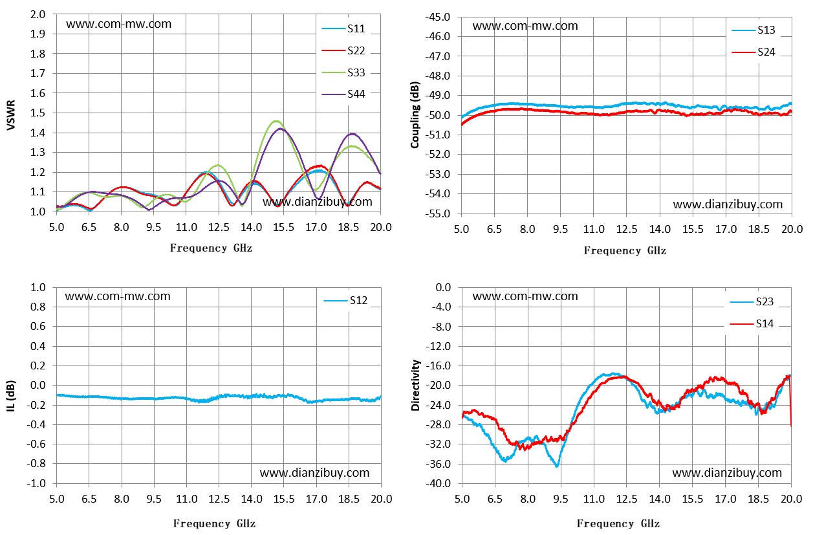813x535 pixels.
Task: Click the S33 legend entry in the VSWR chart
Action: pyautogui.click(x=343, y=72)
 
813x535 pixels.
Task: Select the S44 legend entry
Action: pyautogui.click(x=343, y=94)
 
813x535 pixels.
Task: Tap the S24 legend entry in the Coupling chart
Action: pyautogui.click(x=753, y=52)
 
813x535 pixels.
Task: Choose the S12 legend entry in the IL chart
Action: pyautogui.click(x=345, y=301)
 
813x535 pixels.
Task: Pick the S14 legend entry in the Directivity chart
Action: pyautogui.click(x=752, y=323)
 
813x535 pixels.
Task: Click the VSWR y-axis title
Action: pyautogui.click(x=11, y=115)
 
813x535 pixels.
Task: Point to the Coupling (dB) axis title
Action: pyautogui.click(x=415, y=115)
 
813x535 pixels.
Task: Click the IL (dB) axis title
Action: pyautogui.click(x=11, y=396)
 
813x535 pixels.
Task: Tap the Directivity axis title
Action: pyautogui.click(x=415, y=386)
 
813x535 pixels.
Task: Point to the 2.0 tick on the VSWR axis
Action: pyautogui.click(x=38, y=14)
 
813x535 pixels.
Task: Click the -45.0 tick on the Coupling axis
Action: pyautogui.click(x=440, y=17)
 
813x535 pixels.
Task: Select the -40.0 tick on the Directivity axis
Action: pyautogui.click(x=440, y=483)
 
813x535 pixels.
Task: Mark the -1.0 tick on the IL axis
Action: pyautogui.click(x=36, y=483)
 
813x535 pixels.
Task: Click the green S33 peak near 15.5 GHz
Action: pyautogui.click(x=277, y=121)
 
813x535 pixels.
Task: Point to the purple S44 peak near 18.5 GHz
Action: pyautogui.click(x=352, y=134)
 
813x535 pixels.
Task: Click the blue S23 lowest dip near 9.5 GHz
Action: pyautogui.click(x=557, y=466)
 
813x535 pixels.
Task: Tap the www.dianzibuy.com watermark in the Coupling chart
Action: pyautogui.click(x=728, y=204)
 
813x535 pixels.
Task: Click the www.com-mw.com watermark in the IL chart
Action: pyautogui.click(x=118, y=296)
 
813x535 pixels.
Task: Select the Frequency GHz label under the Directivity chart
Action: pyautogui.click(x=618, y=523)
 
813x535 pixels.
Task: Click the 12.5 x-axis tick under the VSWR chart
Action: pyautogui.click(x=219, y=228)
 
